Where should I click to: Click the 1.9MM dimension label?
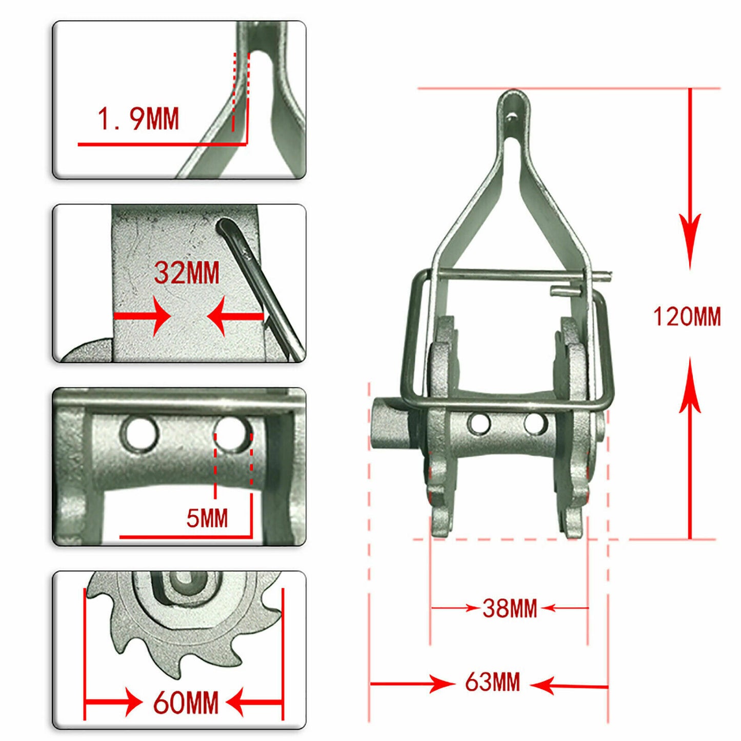(x=138, y=119)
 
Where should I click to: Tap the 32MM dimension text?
(x=187, y=273)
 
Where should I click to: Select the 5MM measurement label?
(x=207, y=518)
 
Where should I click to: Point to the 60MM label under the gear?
(x=186, y=703)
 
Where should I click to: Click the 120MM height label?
(x=687, y=316)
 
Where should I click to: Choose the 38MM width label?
(x=509, y=609)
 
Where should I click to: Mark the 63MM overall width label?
(x=492, y=683)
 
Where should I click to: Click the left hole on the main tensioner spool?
(x=479, y=424)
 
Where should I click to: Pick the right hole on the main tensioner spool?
(x=535, y=424)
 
